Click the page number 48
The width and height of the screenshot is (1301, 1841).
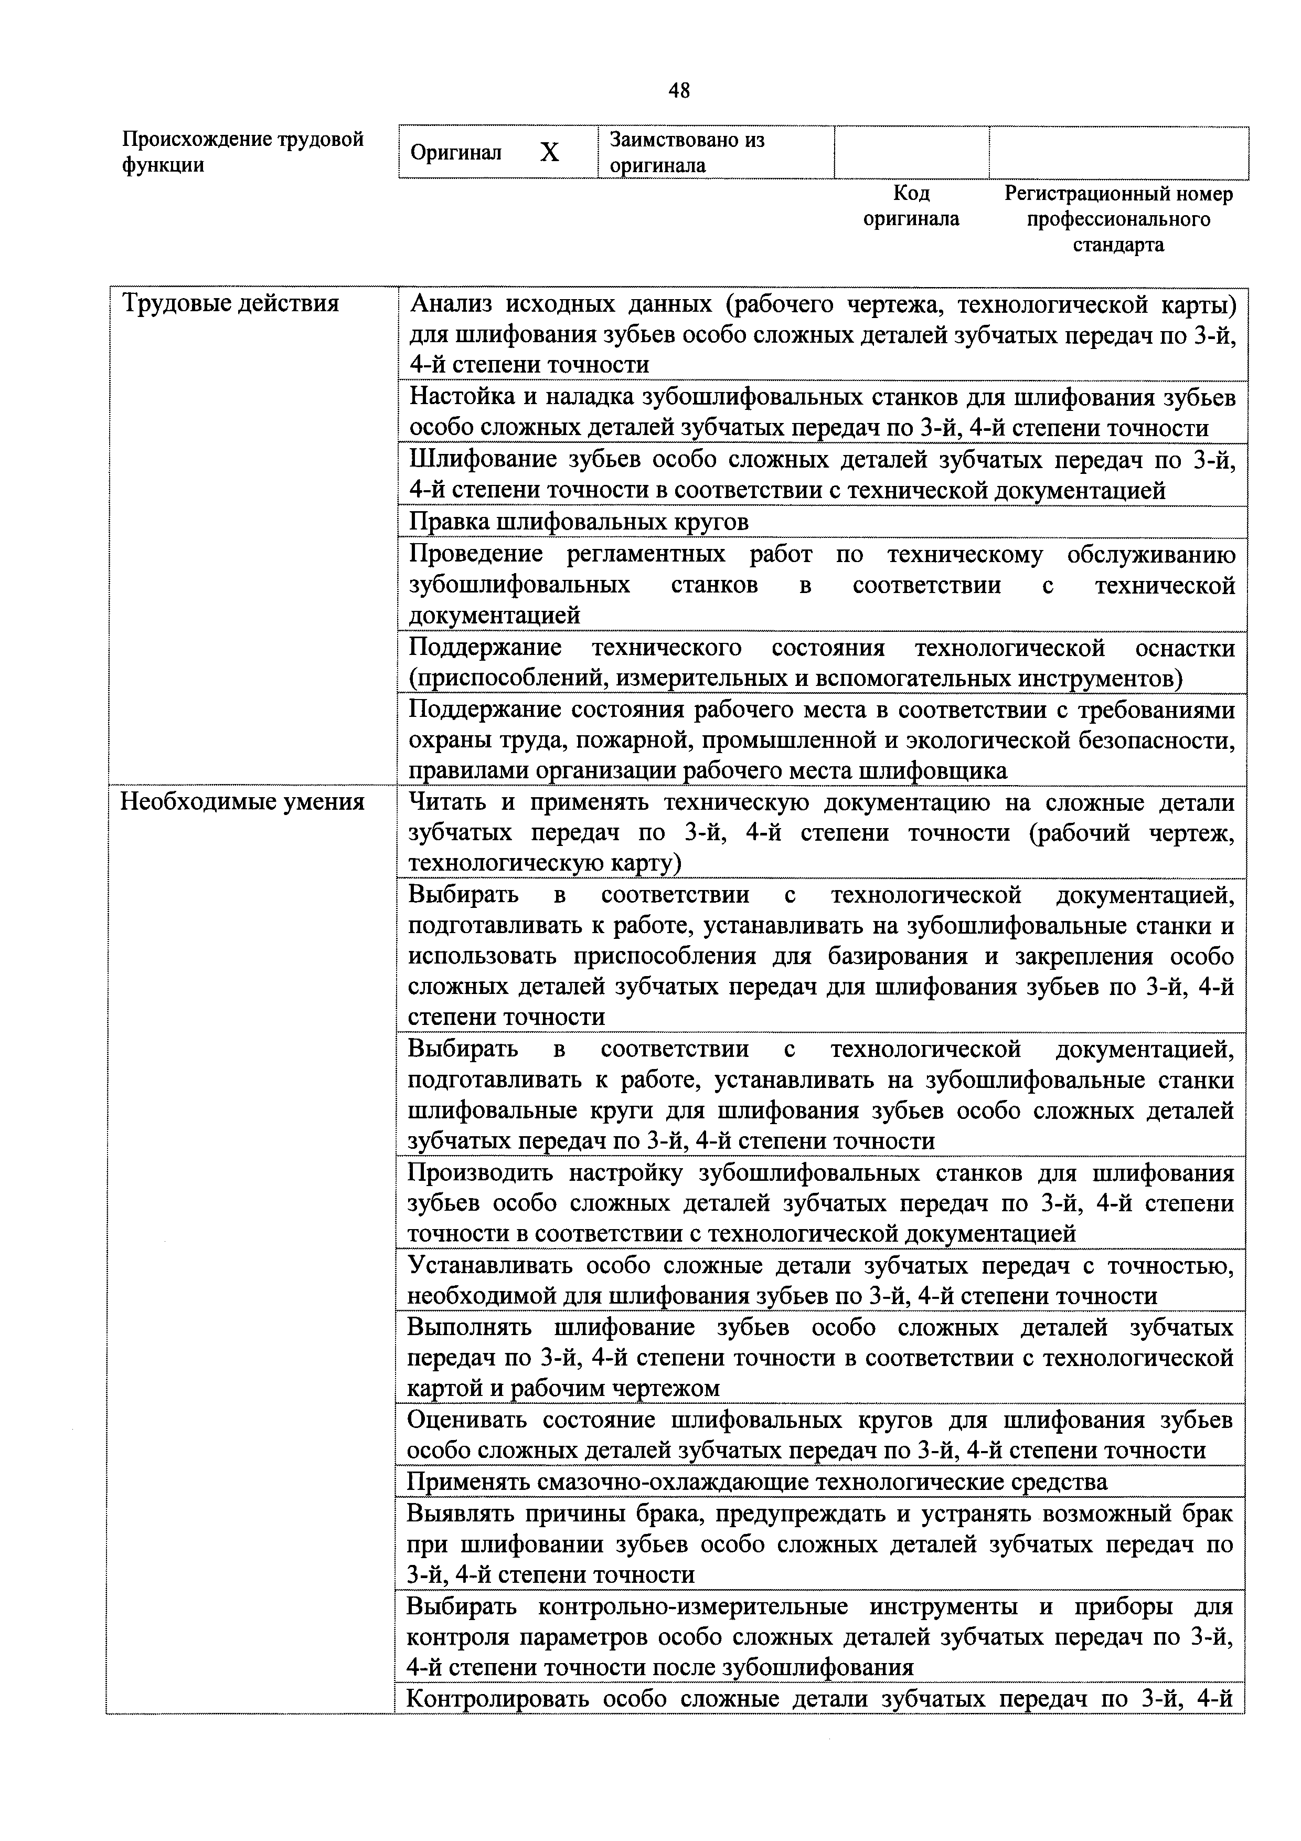678,91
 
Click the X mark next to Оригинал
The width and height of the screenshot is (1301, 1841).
549,152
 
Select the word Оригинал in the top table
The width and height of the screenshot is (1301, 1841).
455,152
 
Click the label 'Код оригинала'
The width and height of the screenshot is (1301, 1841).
911,206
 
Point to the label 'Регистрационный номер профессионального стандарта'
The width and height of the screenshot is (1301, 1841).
1118,219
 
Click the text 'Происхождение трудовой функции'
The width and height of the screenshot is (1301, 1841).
242,152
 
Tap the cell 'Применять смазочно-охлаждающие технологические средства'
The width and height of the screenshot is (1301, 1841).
758,1481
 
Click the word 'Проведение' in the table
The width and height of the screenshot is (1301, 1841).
475,555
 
